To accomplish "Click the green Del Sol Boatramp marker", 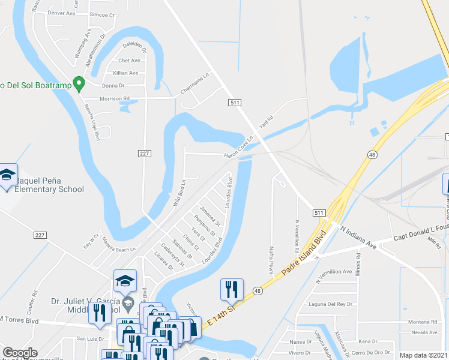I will coord(78,84).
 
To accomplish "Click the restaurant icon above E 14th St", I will coord(231,290).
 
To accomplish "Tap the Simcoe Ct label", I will coord(101,14).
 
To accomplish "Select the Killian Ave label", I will coord(125,73).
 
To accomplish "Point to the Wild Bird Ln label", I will coord(179,193).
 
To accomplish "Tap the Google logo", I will coord(20,353).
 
